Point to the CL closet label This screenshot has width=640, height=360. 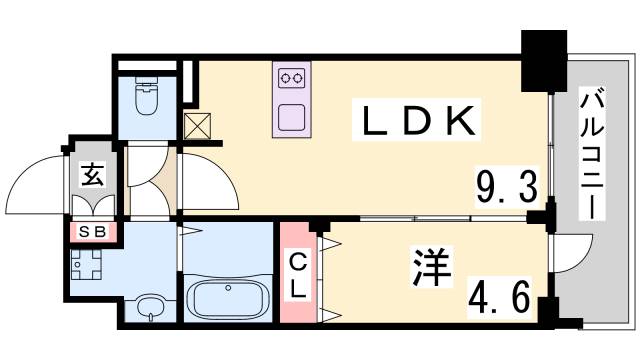(299, 275)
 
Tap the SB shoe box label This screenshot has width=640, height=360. (93, 233)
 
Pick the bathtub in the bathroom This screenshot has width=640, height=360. (229, 298)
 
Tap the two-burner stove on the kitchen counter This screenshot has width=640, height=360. (292, 77)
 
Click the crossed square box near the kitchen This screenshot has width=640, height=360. (196, 126)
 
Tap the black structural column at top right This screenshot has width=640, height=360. (544, 58)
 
